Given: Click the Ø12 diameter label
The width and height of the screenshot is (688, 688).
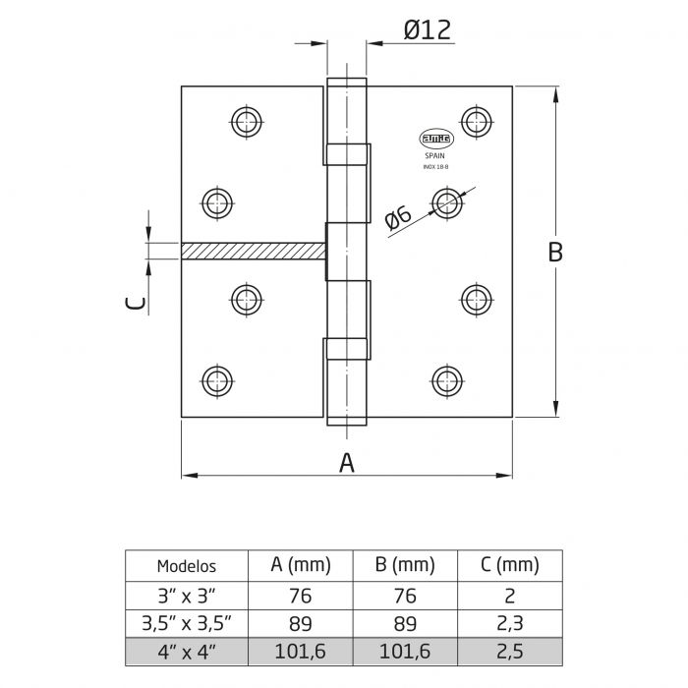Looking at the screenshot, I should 427,29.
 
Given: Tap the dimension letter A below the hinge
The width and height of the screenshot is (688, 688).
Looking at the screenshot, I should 346,462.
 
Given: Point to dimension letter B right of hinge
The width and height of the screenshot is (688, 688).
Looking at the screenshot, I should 555,252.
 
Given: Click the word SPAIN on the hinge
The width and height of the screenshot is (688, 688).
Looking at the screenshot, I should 436,156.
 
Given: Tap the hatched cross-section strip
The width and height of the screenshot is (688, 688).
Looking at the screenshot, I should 253,252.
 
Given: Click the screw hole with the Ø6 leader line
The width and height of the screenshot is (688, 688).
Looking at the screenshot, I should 448,204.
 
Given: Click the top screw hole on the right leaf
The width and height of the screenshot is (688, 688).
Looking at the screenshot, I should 478,122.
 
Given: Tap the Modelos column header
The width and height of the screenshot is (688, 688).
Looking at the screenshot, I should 187,566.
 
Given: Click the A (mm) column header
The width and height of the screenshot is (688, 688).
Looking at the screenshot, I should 301,565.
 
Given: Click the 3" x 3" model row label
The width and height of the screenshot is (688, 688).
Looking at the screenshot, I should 187,596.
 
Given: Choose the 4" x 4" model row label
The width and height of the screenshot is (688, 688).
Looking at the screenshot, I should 187,651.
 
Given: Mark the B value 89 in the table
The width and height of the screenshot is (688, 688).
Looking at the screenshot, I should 404,623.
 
